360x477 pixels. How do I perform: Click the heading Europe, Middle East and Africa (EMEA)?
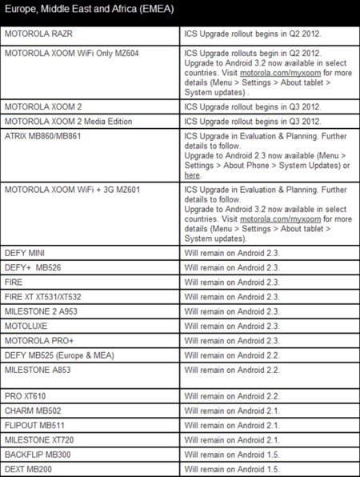click(89, 11)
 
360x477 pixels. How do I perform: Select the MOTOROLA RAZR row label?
click(40, 36)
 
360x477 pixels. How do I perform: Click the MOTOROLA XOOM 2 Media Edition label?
click(68, 121)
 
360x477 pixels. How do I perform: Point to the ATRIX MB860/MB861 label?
click(45, 136)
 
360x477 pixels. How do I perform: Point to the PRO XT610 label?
click(27, 395)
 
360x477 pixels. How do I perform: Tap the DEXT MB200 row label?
click(30, 469)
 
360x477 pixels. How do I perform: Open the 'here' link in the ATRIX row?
click(192, 175)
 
